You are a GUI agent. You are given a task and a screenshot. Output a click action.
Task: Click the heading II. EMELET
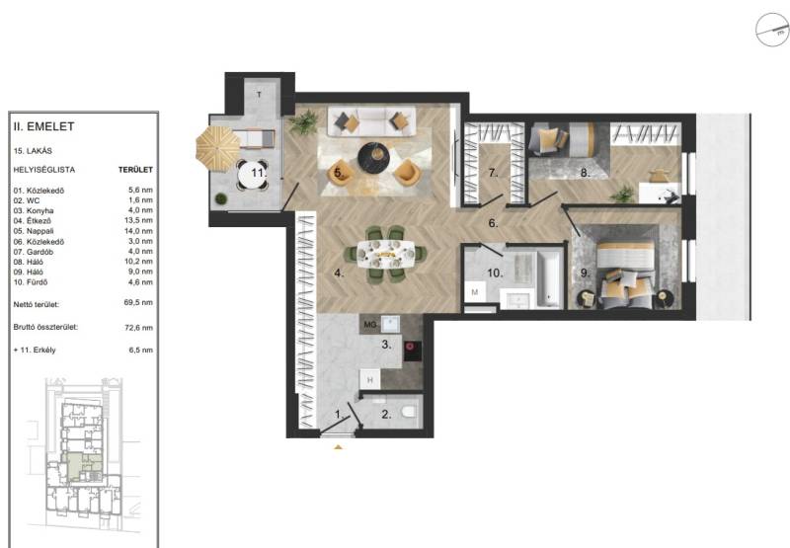click(43, 126)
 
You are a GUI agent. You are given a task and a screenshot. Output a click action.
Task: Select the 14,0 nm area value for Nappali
click(140, 231)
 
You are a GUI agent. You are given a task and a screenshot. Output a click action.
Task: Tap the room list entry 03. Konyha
click(34, 210)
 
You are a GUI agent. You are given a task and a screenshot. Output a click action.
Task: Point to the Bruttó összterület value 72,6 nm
click(138, 328)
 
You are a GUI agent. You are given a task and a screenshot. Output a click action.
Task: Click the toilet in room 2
click(409, 412)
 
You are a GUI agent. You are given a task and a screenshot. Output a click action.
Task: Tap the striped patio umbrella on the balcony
click(217, 147)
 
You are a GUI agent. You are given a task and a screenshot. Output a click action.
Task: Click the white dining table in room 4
click(385, 255)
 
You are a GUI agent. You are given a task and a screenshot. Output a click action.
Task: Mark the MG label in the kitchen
click(370, 325)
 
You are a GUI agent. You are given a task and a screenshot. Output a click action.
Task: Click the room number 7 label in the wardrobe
click(493, 173)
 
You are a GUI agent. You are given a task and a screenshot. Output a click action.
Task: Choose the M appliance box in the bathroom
click(475, 292)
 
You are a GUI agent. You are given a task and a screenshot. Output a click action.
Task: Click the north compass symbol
click(772, 30)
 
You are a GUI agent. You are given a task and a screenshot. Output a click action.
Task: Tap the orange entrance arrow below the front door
click(338, 446)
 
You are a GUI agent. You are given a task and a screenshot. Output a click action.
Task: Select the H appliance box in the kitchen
click(370, 380)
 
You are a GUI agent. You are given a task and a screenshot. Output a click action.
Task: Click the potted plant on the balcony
click(220, 198)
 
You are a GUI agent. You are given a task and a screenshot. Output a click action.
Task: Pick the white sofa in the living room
click(372, 120)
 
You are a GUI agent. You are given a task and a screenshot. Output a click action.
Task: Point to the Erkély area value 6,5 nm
click(140, 351)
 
